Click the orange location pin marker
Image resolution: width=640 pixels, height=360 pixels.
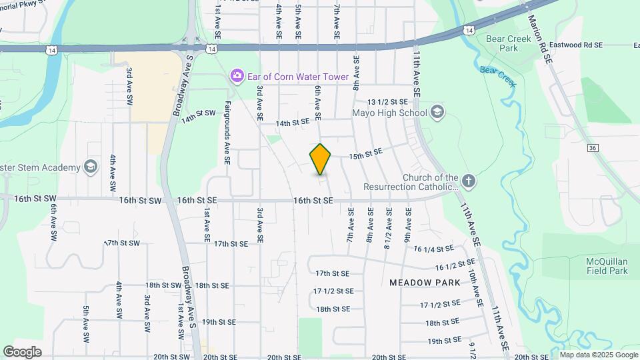321,159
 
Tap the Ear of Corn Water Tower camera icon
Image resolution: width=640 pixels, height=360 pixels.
237,76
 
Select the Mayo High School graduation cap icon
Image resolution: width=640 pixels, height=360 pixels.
437,112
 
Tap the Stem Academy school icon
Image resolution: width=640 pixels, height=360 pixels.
91,167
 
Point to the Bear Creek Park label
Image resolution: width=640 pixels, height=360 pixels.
509,43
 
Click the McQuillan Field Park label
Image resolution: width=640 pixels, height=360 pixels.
607,265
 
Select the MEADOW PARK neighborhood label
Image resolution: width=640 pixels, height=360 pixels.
425,283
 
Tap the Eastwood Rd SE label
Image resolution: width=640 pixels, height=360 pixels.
577,45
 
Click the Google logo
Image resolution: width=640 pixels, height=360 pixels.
22,351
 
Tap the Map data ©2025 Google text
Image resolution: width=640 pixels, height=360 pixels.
597,355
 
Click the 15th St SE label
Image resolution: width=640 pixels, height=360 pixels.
365,153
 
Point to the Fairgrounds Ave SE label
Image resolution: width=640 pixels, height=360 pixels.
227,132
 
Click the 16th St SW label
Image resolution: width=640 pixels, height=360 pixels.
141,200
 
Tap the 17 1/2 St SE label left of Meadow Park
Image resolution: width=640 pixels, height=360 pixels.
333,291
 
